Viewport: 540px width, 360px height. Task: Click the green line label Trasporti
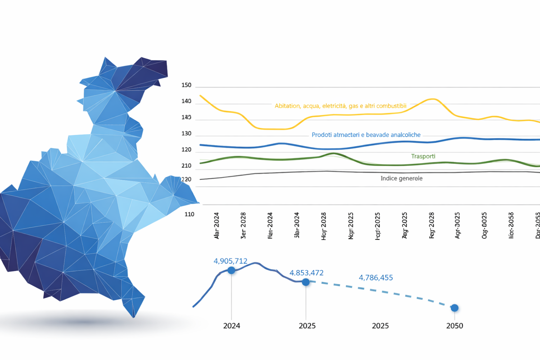pos(423,156)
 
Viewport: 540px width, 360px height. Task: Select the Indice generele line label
pos(401,178)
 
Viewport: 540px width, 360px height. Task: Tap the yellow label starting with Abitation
pos(340,106)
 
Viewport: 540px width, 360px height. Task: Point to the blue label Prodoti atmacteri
pos(366,135)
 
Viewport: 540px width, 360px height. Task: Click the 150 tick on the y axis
pos(186,85)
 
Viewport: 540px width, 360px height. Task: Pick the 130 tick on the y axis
pos(186,134)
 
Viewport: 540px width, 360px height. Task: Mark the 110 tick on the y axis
pos(189,214)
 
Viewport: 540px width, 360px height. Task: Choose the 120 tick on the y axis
pos(186,150)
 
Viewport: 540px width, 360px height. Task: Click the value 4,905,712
pos(230,261)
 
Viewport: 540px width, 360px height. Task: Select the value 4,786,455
pos(375,278)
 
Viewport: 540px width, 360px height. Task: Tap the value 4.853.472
pos(306,273)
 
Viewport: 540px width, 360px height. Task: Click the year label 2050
pos(454,326)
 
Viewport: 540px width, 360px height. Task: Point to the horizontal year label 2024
pos(231,326)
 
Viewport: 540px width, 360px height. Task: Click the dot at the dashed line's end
pos(454,308)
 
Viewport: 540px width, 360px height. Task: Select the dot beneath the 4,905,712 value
pos(231,270)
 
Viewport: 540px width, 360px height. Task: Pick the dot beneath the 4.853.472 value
pos(306,282)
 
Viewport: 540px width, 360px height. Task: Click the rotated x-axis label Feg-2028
pos(432,225)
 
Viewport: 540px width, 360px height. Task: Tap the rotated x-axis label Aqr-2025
pos(458,225)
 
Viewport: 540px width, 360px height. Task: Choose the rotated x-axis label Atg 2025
pos(405,225)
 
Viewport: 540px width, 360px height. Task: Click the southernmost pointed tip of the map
pos(134,317)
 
